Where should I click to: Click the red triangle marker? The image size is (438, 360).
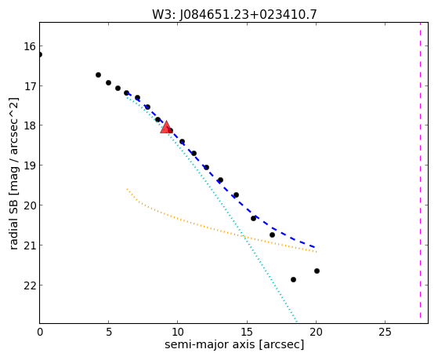[166, 128]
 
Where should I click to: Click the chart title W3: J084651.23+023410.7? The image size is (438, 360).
[234, 15]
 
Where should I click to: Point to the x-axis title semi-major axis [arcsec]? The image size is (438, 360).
[234, 344]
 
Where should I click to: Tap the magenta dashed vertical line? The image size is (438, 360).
[420, 173]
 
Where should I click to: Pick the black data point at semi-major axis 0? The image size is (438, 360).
[40, 54]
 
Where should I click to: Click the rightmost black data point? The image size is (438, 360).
[317, 271]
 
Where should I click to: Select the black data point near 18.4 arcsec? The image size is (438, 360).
[293, 279]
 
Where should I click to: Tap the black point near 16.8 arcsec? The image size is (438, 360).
[272, 235]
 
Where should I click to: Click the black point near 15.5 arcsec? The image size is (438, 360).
[253, 218]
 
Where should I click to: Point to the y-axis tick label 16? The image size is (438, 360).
[30, 46]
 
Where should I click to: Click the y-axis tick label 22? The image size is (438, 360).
[30, 285]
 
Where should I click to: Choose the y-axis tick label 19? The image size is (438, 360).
[30, 165]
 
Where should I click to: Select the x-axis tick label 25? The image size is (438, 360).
[385, 332]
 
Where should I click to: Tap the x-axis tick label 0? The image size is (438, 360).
[40, 332]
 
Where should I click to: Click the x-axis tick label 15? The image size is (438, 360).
[247, 332]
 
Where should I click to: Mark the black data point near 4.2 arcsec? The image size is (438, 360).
[98, 75]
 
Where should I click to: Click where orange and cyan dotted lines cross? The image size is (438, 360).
[244, 237]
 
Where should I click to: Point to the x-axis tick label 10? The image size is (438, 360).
[178, 332]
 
